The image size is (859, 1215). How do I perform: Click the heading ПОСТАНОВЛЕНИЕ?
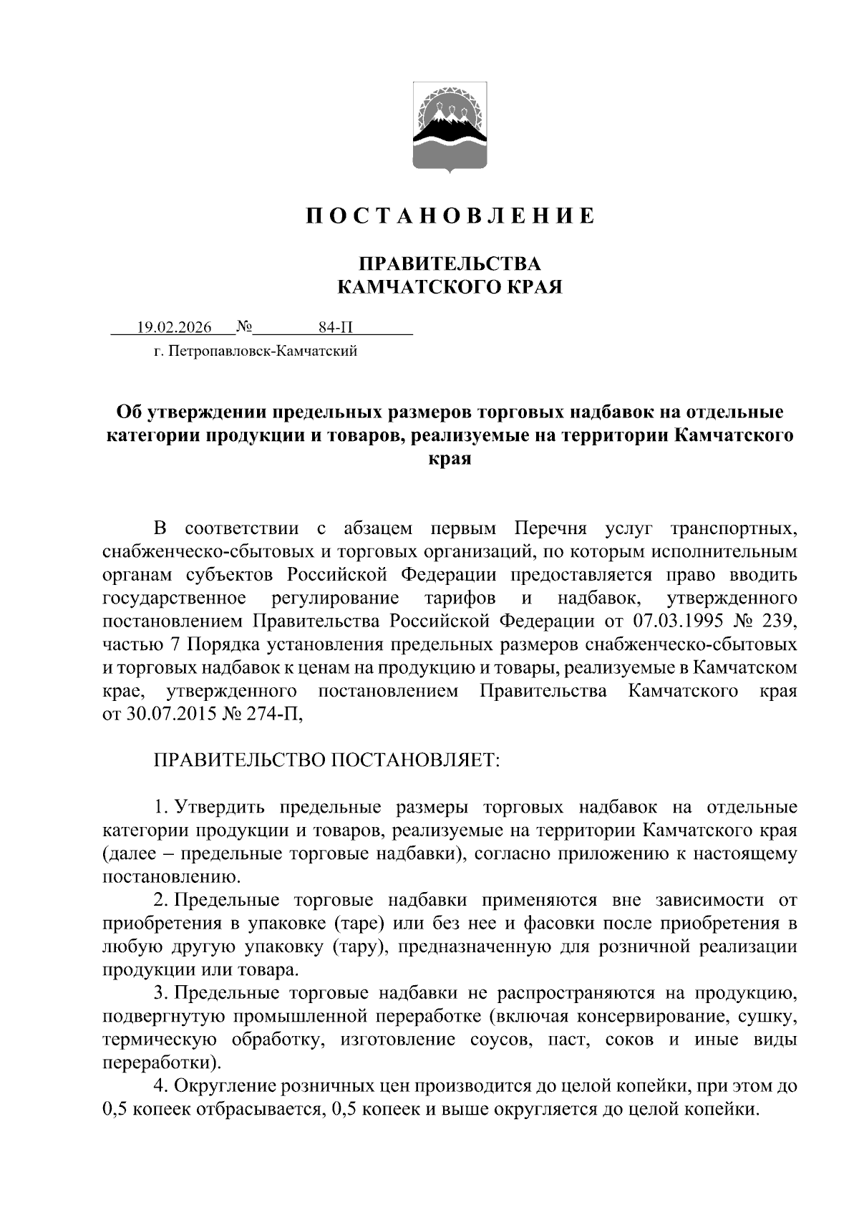tap(450, 216)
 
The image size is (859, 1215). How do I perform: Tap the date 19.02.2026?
tap(175, 328)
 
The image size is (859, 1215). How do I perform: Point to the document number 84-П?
tap(336, 328)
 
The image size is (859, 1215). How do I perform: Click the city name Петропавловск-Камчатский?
tap(264, 352)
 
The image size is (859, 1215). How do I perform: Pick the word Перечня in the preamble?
tap(550, 529)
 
